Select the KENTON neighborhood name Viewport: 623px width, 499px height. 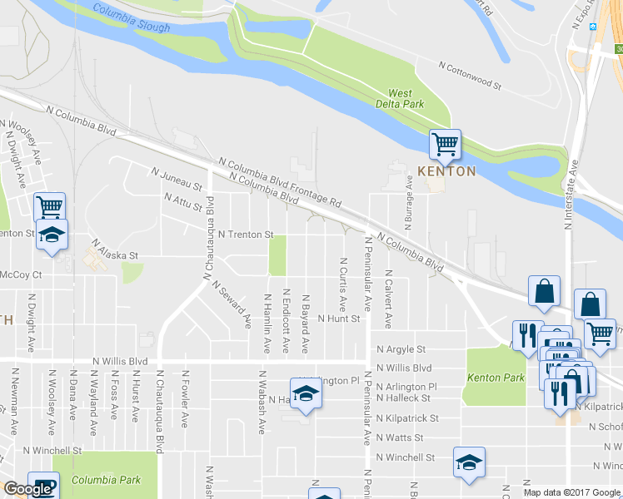click(x=446, y=171)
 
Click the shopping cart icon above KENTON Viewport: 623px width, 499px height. click(x=444, y=145)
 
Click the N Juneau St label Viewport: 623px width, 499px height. click(x=177, y=177)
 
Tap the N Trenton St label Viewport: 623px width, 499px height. click(x=246, y=235)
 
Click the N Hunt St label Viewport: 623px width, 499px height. click(x=337, y=319)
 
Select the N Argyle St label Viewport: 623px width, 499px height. click(x=401, y=350)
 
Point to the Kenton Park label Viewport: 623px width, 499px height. click(x=496, y=378)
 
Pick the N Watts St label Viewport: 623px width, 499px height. click(x=400, y=437)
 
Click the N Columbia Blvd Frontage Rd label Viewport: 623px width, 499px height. click(x=280, y=185)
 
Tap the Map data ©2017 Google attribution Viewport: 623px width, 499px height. click(x=571, y=492)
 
